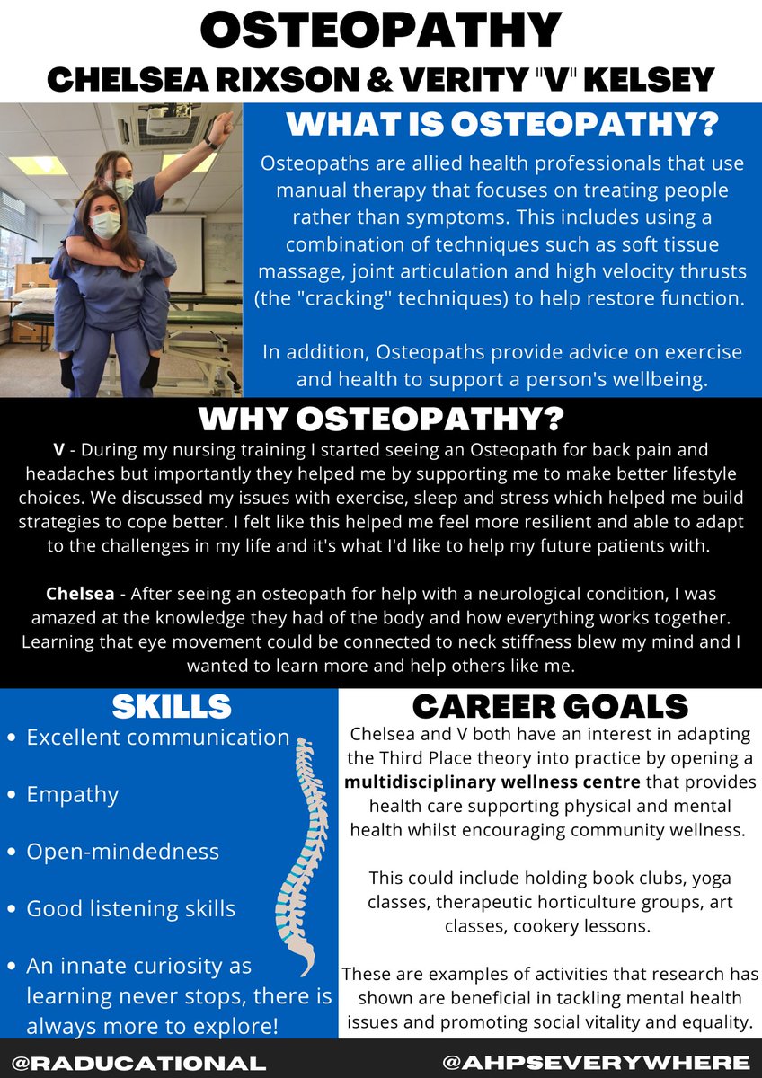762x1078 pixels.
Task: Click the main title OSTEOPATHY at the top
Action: pyautogui.click(x=381, y=31)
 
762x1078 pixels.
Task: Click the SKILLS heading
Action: pyautogui.click(x=172, y=706)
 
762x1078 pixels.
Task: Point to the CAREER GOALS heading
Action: pyautogui.click(x=551, y=706)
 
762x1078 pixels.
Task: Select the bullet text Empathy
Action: pyautogui.click(x=73, y=794)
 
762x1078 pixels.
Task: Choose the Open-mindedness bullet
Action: pyautogui.click(x=123, y=851)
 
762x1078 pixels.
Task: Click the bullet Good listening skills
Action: pyautogui.click(x=131, y=908)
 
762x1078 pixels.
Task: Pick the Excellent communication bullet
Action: pyautogui.click(x=158, y=738)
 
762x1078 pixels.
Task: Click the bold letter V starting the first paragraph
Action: pyautogui.click(x=57, y=446)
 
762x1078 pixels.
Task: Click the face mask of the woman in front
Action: pyautogui.click(x=105, y=223)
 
